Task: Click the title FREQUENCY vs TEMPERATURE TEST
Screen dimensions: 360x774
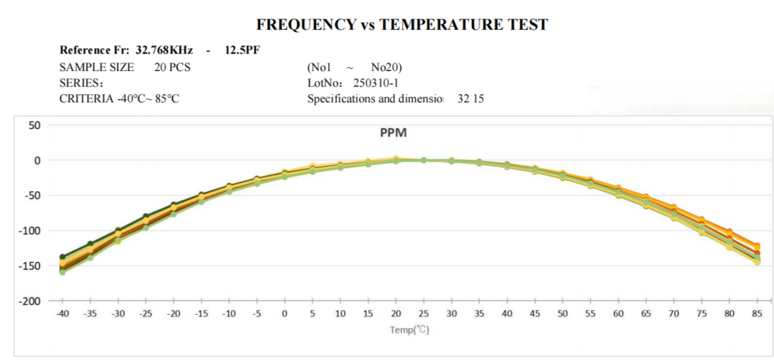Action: [402, 25]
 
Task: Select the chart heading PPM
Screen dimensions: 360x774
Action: [394, 133]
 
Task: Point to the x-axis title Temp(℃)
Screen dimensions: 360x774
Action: [409, 329]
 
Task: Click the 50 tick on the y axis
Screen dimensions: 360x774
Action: [34, 125]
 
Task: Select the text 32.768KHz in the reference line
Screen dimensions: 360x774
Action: [164, 50]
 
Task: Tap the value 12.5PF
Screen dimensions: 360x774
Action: [242, 50]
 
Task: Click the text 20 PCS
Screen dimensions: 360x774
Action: [172, 67]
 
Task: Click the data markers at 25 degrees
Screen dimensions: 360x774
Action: [423, 160]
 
